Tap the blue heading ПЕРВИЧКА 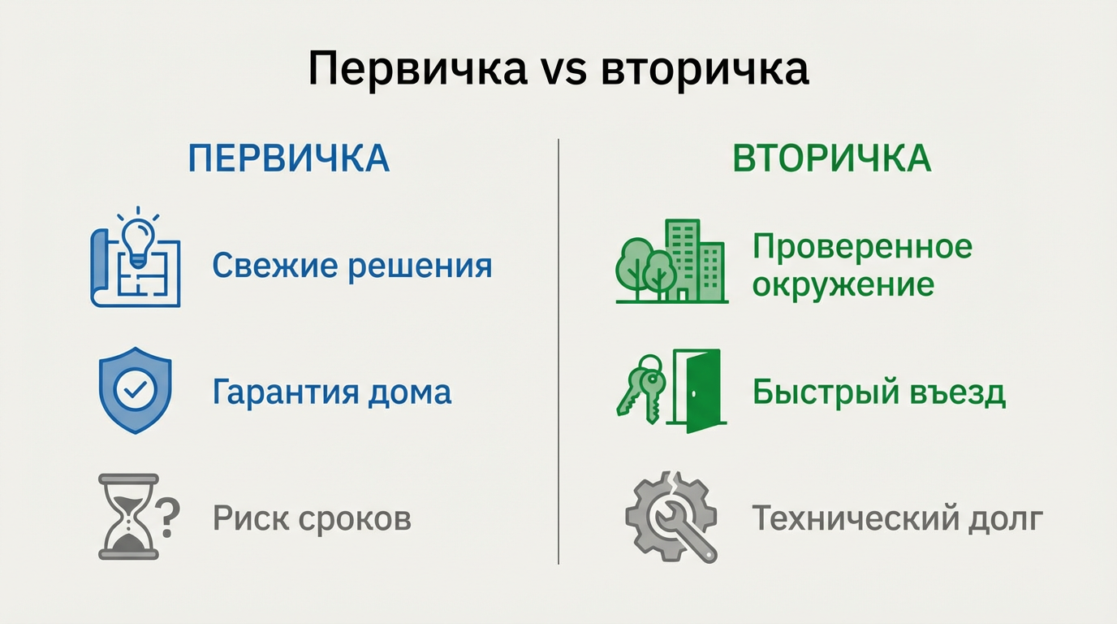[x=288, y=158]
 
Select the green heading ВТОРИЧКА [x=832, y=158]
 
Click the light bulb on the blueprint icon [x=138, y=233]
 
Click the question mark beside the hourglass [x=167, y=517]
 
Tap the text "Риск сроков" [x=312, y=518]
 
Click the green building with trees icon [x=671, y=262]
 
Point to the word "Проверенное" [x=862, y=246]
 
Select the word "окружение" [x=843, y=284]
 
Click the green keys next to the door [x=641, y=386]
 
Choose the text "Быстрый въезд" [x=878, y=392]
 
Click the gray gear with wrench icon [x=671, y=516]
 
